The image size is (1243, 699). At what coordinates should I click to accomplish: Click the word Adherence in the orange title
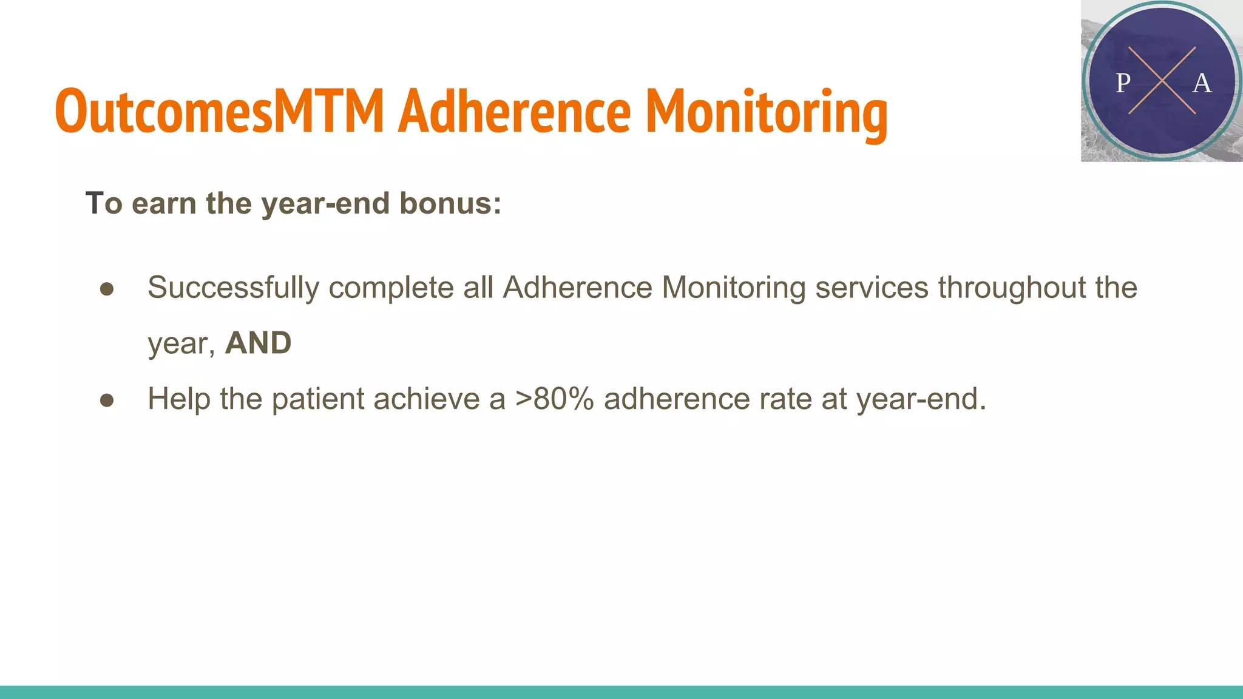[x=514, y=111]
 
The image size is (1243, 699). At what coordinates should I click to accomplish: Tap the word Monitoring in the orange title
[x=766, y=111]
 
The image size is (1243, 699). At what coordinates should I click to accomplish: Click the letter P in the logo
[x=1123, y=83]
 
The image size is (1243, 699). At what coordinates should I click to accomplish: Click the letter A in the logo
[x=1202, y=83]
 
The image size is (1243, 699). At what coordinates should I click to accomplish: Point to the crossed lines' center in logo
[x=1162, y=81]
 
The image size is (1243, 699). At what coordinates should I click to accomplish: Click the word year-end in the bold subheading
[x=328, y=203]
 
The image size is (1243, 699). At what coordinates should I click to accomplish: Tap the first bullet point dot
[x=107, y=289]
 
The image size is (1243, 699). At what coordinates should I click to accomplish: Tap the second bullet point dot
[x=107, y=400]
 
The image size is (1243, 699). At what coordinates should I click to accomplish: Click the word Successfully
[x=233, y=288]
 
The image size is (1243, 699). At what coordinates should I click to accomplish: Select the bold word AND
[x=258, y=343]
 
